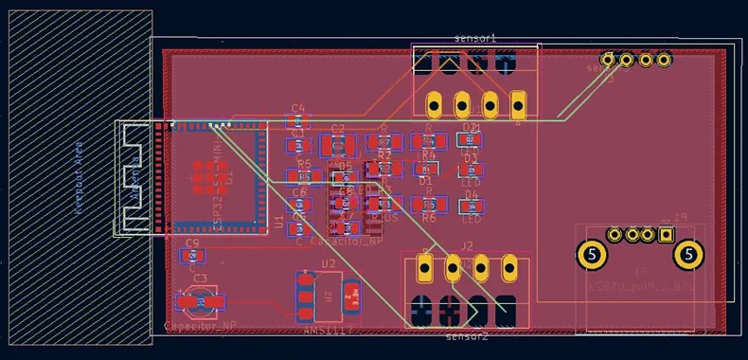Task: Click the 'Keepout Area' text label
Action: pyautogui.click(x=79, y=183)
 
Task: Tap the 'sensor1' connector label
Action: pyautogui.click(x=475, y=38)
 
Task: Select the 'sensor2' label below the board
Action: pyautogui.click(x=466, y=335)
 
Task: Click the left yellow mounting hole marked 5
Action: pyautogui.click(x=592, y=254)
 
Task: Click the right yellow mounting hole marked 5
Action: pyautogui.click(x=688, y=254)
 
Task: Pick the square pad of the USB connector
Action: pyautogui.click(x=666, y=235)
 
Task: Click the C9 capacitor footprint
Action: pyautogui.click(x=193, y=255)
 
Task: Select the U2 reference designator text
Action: pyautogui.click(x=329, y=263)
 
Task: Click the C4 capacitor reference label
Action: pyautogui.click(x=298, y=108)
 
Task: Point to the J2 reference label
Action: pyautogui.click(x=468, y=245)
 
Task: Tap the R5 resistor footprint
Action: pyautogui.click(x=303, y=176)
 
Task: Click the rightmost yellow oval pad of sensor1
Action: pyautogui.click(x=518, y=102)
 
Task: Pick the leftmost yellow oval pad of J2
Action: pyautogui.click(x=425, y=268)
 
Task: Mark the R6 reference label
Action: pyautogui.click(x=429, y=218)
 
